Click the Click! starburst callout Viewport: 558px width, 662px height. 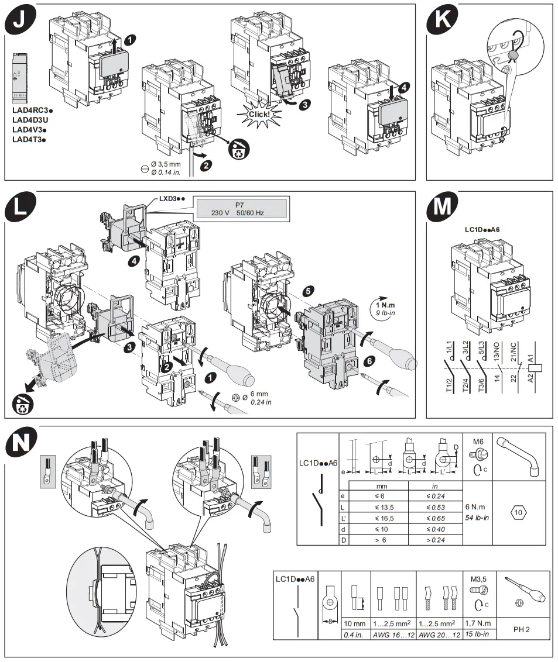pos(258,113)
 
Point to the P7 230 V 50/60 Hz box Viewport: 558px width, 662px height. pos(241,209)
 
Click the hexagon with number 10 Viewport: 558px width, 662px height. pos(518,513)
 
